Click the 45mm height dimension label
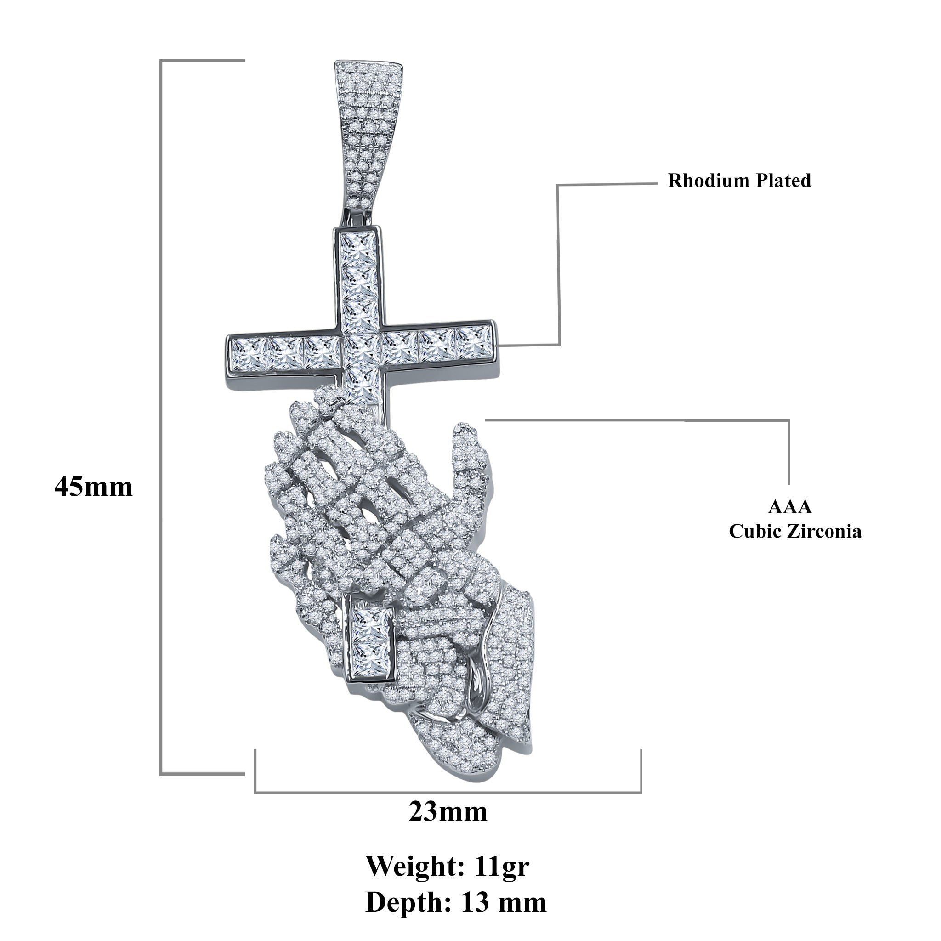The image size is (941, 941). pos(94,487)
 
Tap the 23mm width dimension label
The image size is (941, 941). pos(448,811)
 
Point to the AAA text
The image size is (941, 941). pos(789,507)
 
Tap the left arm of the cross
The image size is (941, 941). pos(285,352)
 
